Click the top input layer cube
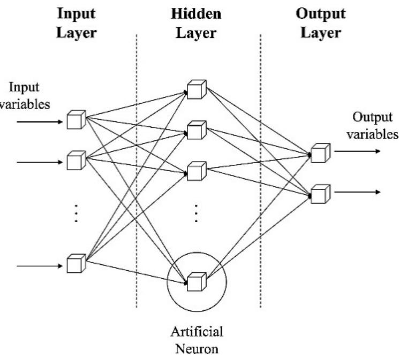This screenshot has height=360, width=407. pos(76,120)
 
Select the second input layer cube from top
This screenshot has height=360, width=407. pos(76,160)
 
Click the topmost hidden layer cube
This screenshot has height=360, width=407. pos(196,89)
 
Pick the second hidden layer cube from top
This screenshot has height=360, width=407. pos(196,130)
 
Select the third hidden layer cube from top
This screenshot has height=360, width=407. pos(196,171)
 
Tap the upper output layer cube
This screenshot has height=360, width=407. pos(320,152)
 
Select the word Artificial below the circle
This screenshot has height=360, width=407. pos(197,332)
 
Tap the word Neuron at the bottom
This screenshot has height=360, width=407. pos(197,350)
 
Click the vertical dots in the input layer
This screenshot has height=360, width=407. pos(76,212)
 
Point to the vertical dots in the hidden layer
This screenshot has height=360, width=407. pos(196,212)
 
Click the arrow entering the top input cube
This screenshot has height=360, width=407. pos(40,122)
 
